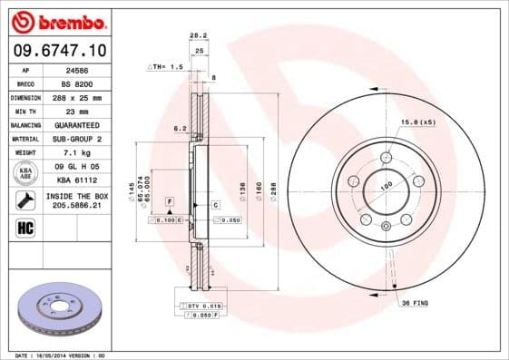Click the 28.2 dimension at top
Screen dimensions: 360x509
pos(195,35)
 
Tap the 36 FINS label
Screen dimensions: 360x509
pos(416,302)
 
